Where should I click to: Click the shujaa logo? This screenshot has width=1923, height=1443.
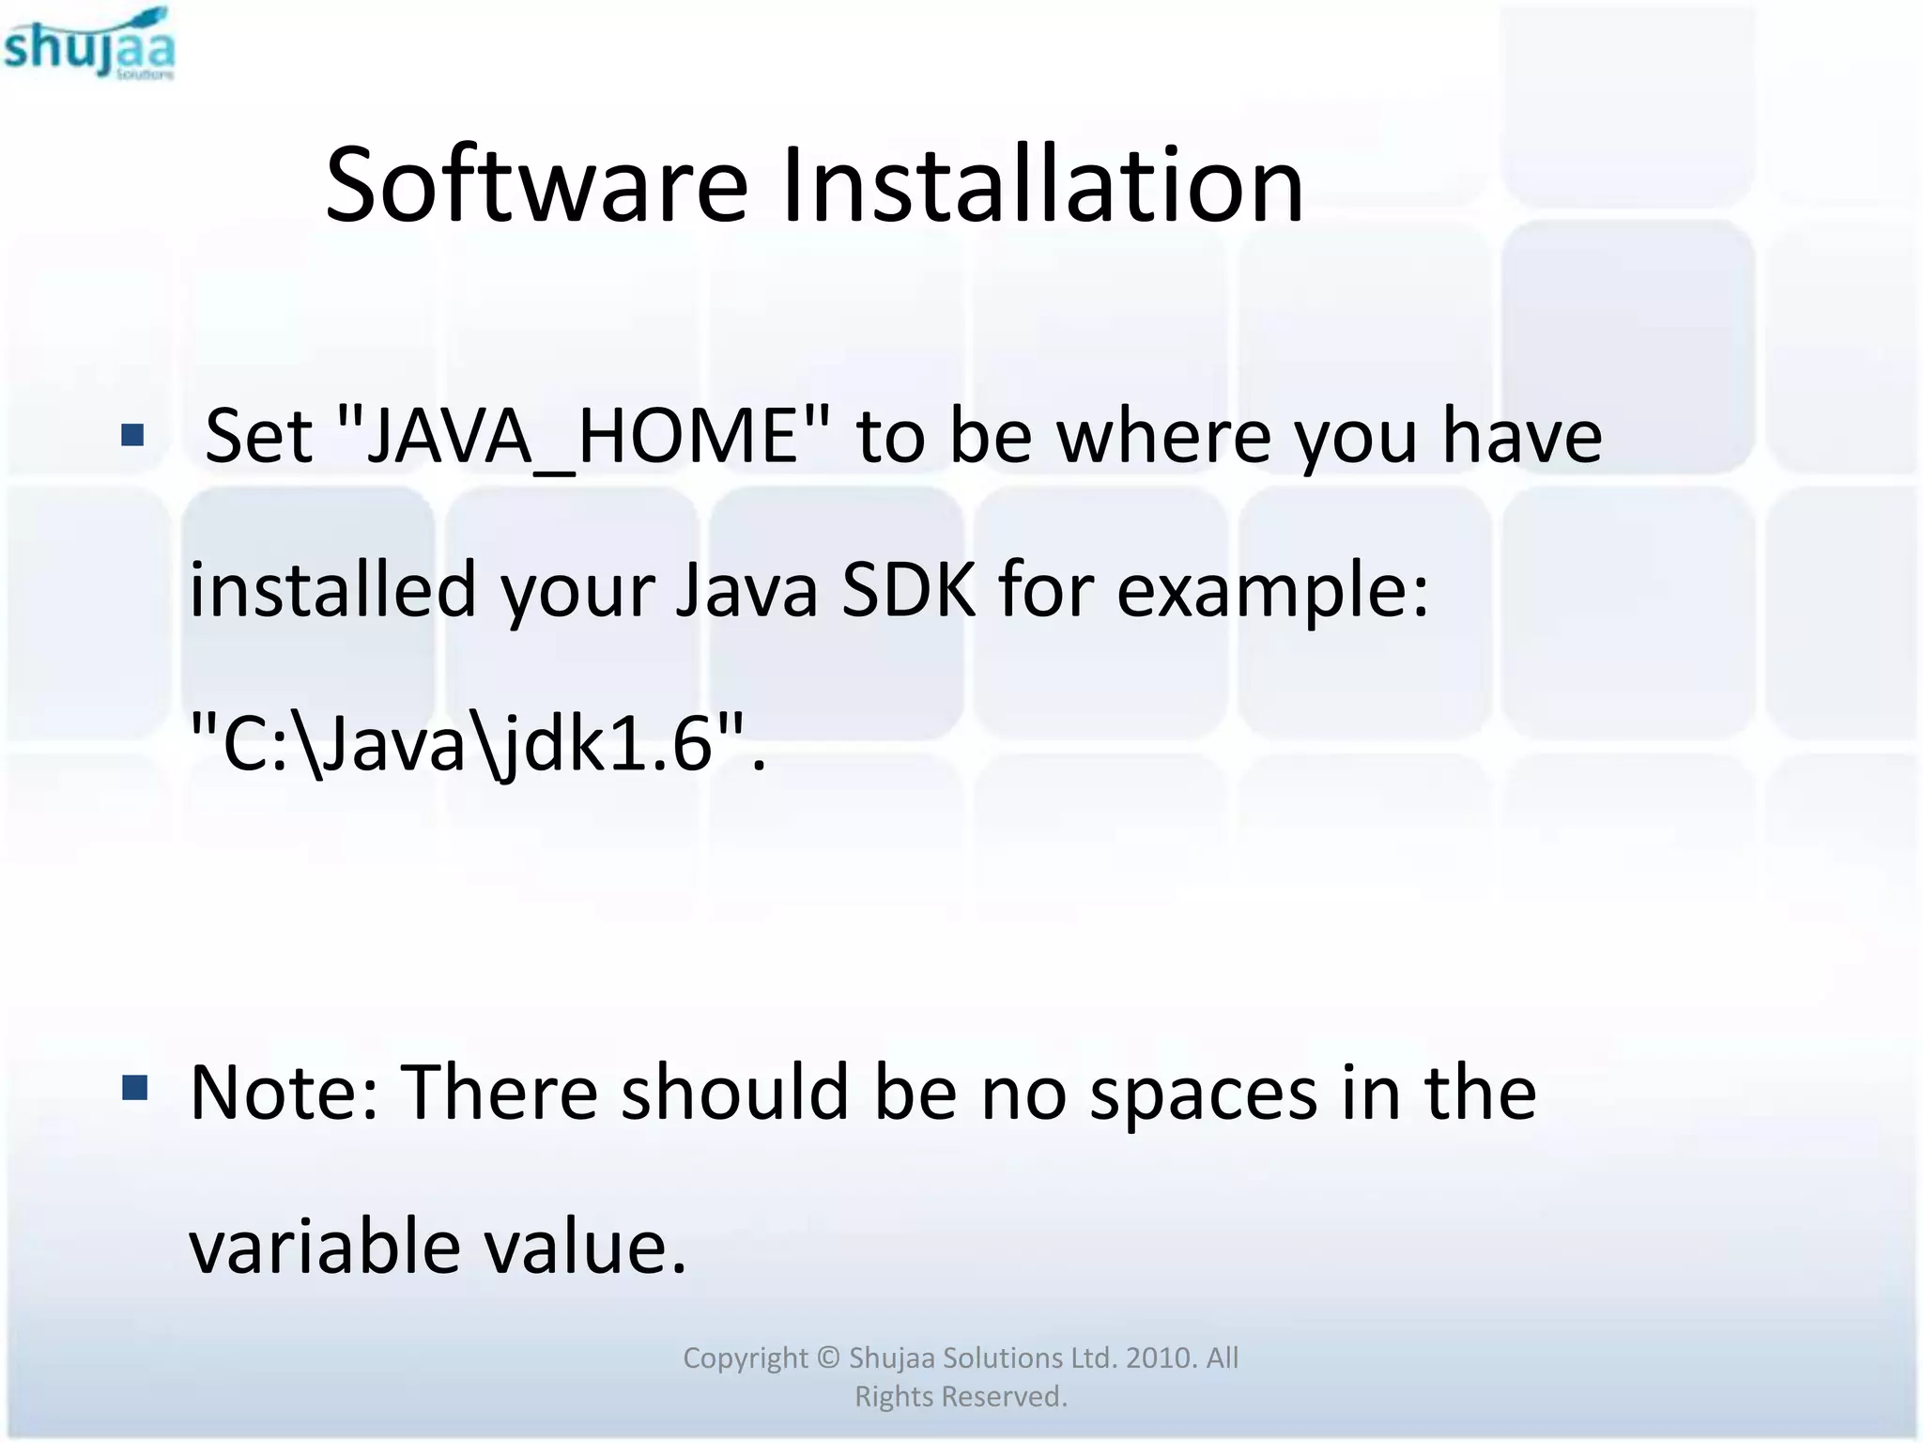pyautogui.click(x=89, y=44)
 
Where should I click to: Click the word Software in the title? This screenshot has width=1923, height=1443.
pyautogui.click(x=536, y=185)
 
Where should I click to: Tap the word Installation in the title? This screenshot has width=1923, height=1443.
pyautogui.click(x=1041, y=185)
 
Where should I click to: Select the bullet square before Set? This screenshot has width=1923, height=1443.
pyautogui.click(x=133, y=435)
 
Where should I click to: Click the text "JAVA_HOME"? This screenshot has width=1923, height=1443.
pyautogui.click(x=583, y=437)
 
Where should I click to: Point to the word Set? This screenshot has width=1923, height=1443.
pyautogui.click(x=258, y=437)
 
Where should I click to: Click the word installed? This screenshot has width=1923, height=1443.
pyautogui.click(x=332, y=590)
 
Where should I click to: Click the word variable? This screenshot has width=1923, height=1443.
pyautogui.click(x=325, y=1247)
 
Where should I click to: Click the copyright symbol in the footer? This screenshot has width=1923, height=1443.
pyautogui.click(x=827, y=1358)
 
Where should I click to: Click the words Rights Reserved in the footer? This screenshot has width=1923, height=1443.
pyautogui.click(x=961, y=1397)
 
